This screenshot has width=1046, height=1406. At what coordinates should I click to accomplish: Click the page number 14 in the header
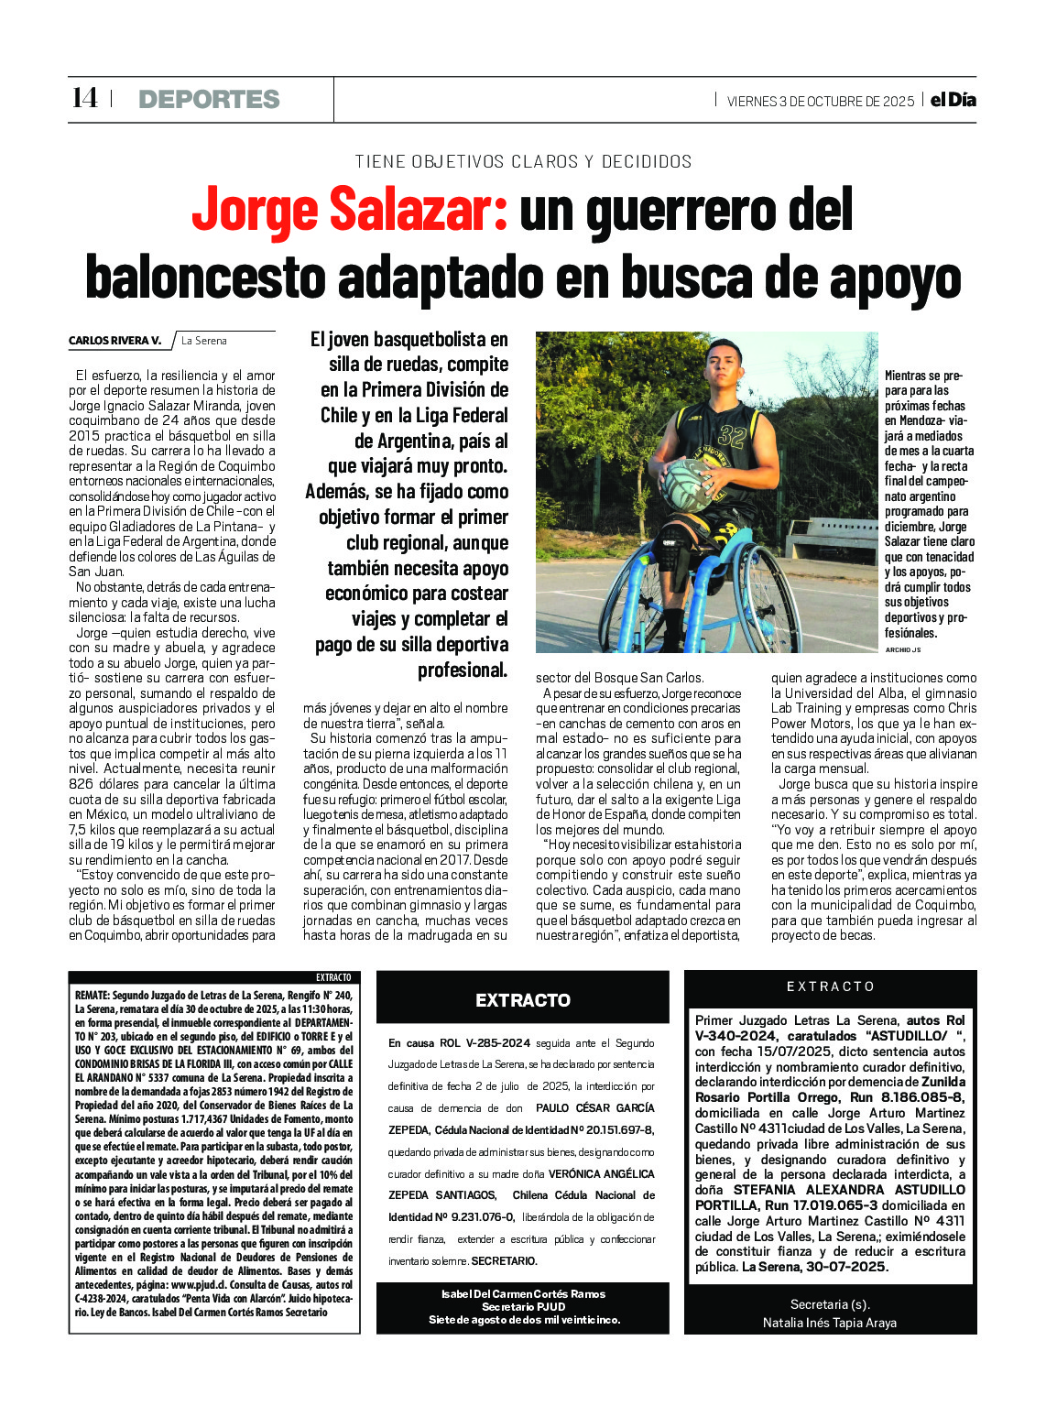coord(84,98)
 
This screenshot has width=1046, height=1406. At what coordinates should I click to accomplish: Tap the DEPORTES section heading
coord(209,99)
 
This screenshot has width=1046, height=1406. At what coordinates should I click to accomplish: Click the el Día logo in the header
coord(953,100)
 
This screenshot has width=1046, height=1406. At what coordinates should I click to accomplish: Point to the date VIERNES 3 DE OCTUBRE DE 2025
coord(820,102)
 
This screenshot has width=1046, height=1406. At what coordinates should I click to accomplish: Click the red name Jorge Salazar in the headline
coord(350,211)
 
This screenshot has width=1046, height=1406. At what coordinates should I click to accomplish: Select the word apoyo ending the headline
coord(895,278)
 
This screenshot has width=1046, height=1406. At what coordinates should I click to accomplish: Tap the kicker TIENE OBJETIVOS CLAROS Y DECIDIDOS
coord(523,162)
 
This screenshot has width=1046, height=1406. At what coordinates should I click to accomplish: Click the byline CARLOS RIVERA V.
coord(114,341)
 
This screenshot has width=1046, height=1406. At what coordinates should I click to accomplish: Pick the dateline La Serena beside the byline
coord(203,341)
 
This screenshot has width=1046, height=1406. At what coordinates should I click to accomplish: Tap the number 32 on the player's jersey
coord(731,435)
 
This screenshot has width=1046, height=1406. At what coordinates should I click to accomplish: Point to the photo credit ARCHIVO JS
coord(902,649)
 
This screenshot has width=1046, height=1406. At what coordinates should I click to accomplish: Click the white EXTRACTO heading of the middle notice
coord(522,1000)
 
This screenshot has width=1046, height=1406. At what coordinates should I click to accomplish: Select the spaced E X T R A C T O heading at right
coord(830,986)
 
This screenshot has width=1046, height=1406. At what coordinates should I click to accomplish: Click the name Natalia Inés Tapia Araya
coord(830,1323)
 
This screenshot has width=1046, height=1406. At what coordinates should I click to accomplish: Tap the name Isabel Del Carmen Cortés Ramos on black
coord(523,1294)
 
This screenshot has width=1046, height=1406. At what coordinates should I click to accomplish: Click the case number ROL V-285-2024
coord(485,1043)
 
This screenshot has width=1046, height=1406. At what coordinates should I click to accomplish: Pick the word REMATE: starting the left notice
coord(93,995)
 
